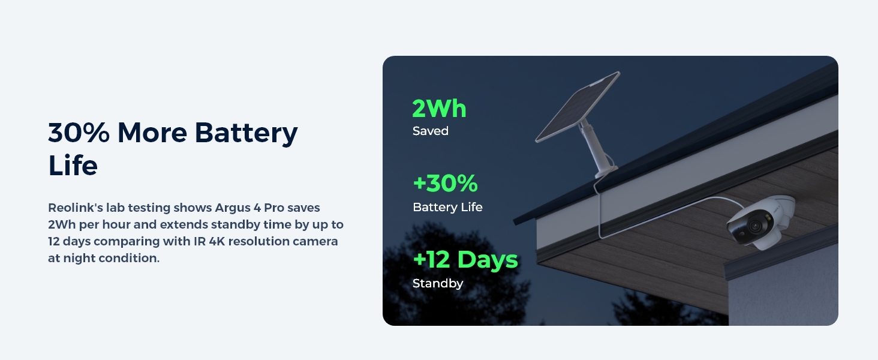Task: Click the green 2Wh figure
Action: pos(439,108)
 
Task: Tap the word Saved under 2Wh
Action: pos(430,131)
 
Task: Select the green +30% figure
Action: pos(445,183)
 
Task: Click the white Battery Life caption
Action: pos(447,207)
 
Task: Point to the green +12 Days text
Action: pos(465,260)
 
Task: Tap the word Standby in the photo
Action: pos(438,283)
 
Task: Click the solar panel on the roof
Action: pos(578,107)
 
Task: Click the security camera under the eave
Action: pos(760,222)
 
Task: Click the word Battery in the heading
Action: pos(246,133)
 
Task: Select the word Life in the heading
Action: pos(73,166)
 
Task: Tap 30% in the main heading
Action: pos(79,133)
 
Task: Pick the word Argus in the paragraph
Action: pos(233,208)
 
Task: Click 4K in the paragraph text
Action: pos(217,241)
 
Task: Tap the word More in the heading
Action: pos(152,133)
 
